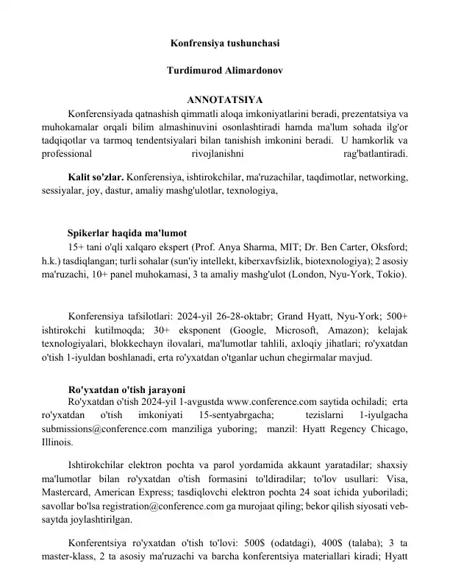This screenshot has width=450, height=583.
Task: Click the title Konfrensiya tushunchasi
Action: pos(224,43)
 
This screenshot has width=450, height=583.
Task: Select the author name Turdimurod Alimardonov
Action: pos(224,73)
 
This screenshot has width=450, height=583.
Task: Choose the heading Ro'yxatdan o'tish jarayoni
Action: pos(126,389)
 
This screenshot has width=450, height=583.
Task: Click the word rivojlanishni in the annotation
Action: pos(220,155)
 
